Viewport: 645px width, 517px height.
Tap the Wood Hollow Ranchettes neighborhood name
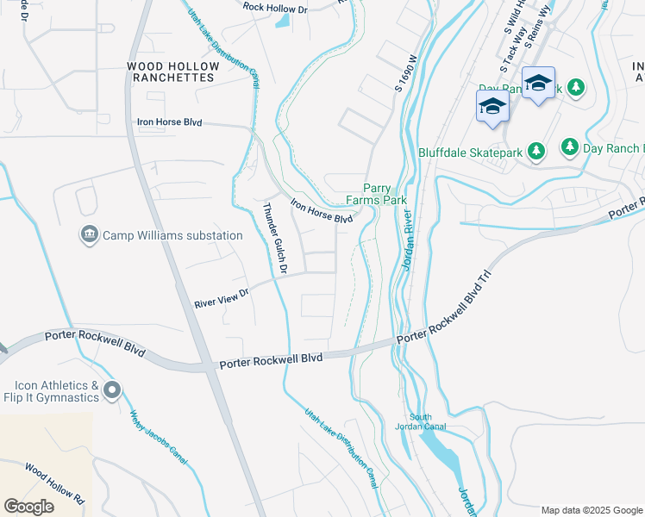pos(170,72)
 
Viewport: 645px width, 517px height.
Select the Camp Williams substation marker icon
pos(90,235)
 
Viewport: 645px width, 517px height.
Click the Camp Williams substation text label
pos(172,235)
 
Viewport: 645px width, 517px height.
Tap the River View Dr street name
pos(221,298)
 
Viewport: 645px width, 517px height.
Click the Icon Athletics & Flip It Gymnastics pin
pos(111,391)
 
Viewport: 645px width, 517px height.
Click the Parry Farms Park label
pos(376,194)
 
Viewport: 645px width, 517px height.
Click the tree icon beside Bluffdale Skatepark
pos(536,153)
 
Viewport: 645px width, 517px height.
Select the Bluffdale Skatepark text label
pos(470,153)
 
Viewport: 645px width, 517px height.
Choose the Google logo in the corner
pos(28,507)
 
